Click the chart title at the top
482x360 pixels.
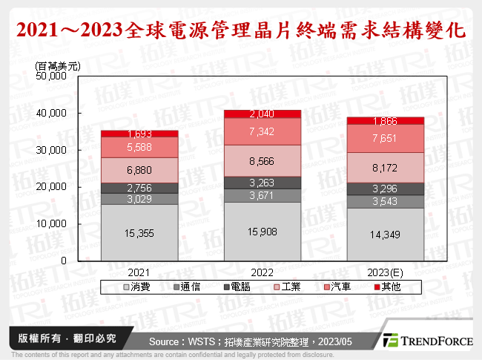pos(240,30)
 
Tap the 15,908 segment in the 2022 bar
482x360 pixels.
pos(263,232)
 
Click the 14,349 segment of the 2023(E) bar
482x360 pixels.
pos(385,235)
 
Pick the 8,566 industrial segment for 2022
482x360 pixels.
pos(263,160)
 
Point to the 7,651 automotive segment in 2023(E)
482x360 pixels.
pos(385,138)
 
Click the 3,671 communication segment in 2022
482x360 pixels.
pos(263,195)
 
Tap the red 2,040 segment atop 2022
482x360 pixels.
pos(263,114)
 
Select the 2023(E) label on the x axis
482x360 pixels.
pos(385,271)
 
